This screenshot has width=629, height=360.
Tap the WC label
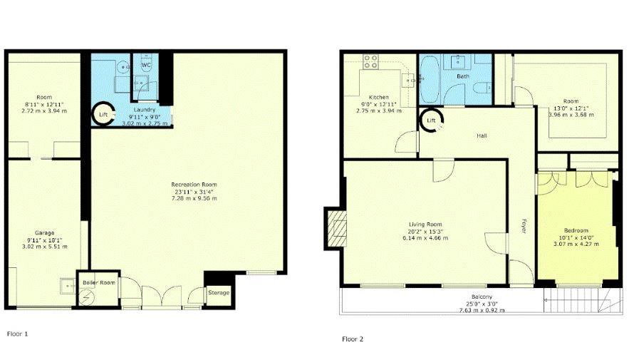[x=146, y=65]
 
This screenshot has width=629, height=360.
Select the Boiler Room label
[x=99, y=282]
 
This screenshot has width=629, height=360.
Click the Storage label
[x=219, y=292]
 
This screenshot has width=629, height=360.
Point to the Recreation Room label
[x=194, y=185]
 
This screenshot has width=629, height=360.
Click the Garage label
[x=45, y=233]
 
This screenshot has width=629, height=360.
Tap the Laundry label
[x=145, y=110]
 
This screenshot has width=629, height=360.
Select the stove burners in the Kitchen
[x=370, y=61]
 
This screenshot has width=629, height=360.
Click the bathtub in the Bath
[x=430, y=78]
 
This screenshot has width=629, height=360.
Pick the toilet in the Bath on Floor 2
[x=482, y=87]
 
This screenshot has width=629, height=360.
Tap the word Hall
[x=482, y=135]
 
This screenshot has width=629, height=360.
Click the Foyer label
[x=524, y=226]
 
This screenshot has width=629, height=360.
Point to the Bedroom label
[x=576, y=230]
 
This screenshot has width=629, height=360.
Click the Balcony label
[x=482, y=297]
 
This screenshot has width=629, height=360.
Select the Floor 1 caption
[x=18, y=334]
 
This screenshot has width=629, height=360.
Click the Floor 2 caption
[x=353, y=339]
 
